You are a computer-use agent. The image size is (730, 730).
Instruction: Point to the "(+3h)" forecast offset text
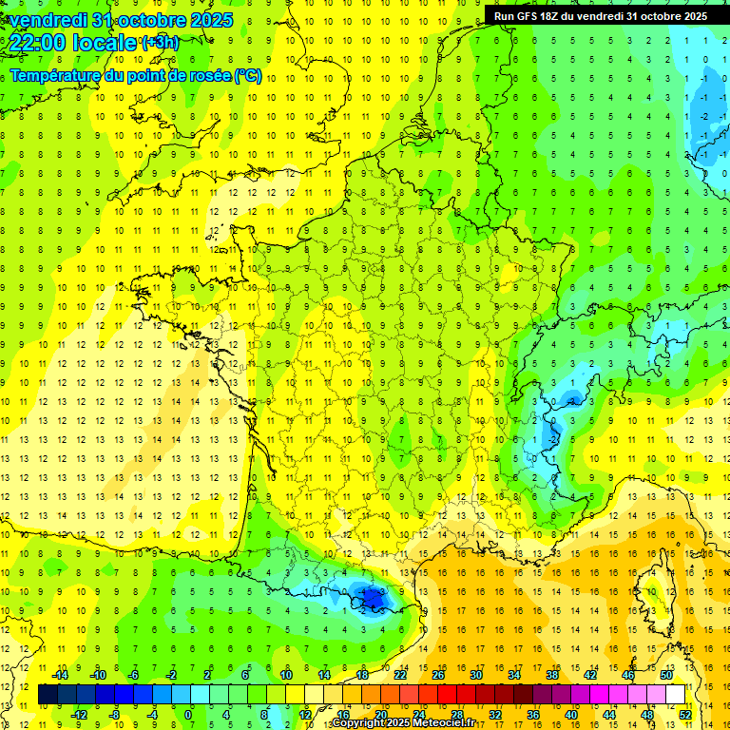[159, 42]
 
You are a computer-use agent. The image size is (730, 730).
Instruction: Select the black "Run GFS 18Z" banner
[600, 15]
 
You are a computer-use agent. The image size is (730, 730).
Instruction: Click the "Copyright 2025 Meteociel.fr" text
[403, 723]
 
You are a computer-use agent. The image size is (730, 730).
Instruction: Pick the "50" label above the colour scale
[665, 675]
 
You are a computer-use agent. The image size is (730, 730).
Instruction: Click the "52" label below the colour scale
[684, 714]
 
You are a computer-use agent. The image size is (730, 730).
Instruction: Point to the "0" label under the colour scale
[188, 714]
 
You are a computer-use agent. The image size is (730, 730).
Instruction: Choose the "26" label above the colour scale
[438, 675]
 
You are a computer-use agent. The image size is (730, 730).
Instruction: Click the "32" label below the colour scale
[494, 714]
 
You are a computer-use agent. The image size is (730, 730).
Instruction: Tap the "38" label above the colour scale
[551, 675]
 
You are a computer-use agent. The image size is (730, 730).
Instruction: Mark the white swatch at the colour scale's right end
[675, 695]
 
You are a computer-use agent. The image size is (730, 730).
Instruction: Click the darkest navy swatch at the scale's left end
[48, 695]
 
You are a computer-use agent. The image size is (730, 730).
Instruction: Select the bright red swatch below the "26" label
[447, 695]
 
